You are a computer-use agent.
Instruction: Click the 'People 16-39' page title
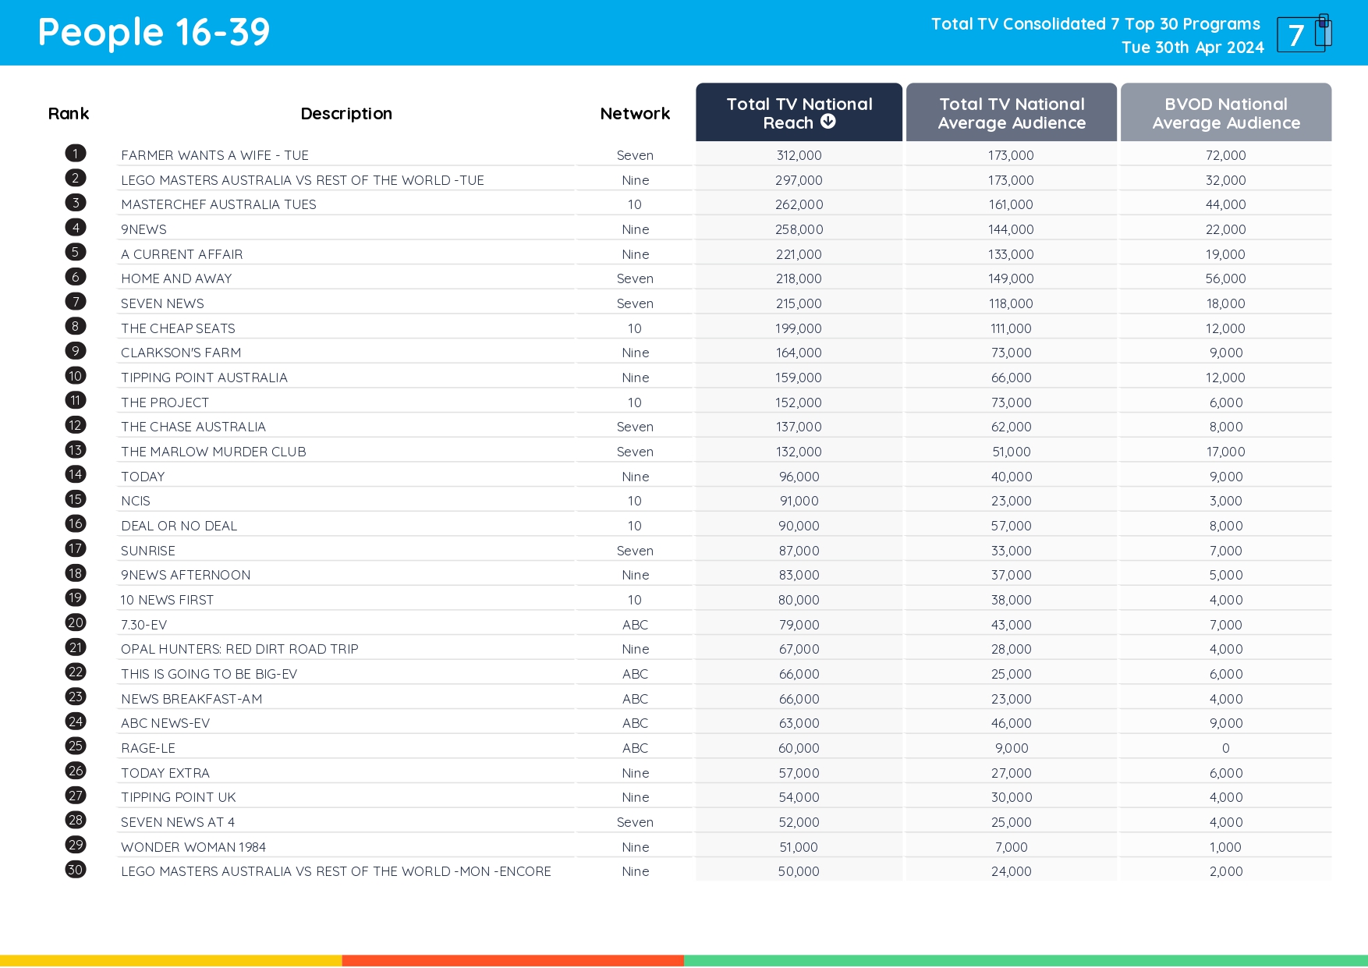(154, 33)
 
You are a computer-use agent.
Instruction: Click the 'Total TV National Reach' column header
(799, 113)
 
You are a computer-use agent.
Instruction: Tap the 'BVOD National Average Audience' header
(1225, 113)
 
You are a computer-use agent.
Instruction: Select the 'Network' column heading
(635, 114)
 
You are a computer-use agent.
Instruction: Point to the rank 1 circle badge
(76, 154)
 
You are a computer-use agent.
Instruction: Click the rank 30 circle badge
(76, 870)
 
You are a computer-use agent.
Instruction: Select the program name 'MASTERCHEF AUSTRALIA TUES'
(218, 204)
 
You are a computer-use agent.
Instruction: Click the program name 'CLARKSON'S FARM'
(181, 353)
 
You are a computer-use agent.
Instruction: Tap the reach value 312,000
(799, 155)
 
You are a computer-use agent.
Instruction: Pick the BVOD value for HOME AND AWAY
(1225, 278)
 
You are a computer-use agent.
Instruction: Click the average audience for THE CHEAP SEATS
(1011, 328)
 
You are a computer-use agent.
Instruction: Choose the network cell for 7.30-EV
(635, 625)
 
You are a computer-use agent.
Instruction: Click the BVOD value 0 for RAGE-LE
(1225, 748)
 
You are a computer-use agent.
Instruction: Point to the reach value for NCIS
(799, 501)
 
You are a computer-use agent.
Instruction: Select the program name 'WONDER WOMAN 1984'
(193, 847)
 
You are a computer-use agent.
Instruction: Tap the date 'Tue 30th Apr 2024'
(1193, 48)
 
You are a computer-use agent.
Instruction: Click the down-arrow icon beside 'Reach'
(828, 122)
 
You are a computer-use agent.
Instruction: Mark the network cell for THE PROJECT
(635, 402)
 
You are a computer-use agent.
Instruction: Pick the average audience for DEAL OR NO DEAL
(1011, 526)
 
